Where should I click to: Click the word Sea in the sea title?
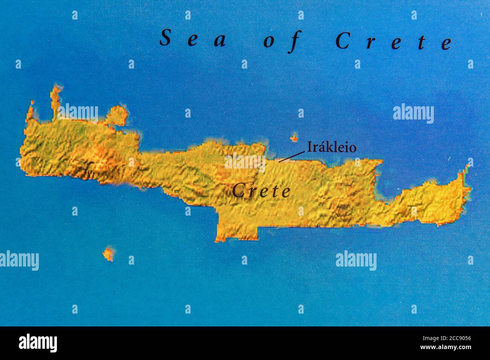(193, 40)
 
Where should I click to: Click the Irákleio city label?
(331, 147)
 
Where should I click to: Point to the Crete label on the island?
(261, 191)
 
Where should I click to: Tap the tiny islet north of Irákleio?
(294, 138)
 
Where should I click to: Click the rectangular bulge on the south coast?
(237, 228)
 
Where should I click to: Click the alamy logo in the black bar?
(38, 343)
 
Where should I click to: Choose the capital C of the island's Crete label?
(237, 191)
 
